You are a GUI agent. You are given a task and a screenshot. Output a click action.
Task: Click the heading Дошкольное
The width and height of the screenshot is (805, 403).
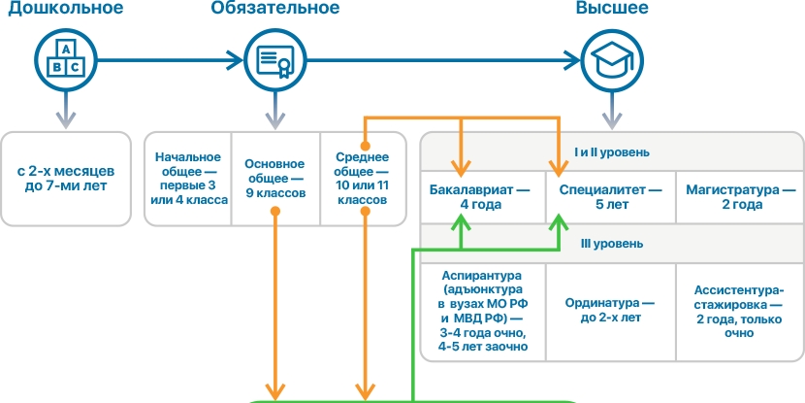[x=67, y=10]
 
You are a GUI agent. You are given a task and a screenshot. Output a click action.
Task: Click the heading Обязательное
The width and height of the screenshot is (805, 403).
[x=275, y=10]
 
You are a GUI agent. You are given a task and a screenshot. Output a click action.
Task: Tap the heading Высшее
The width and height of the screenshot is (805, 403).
[x=613, y=10]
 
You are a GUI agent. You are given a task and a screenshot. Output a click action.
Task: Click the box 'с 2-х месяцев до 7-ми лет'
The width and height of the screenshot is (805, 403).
[x=66, y=178]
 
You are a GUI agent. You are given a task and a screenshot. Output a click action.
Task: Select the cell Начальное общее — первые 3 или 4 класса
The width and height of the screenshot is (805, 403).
[x=190, y=179]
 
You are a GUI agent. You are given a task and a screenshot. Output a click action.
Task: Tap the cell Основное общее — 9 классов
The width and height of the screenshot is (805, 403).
[x=275, y=179]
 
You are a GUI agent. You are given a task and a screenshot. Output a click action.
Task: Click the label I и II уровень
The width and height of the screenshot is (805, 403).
[x=611, y=151]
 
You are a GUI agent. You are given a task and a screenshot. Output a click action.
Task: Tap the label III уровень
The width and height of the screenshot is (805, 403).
[x=611, y=244]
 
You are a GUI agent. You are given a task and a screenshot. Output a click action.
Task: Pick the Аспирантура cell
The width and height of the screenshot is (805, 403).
[x=482, y=311]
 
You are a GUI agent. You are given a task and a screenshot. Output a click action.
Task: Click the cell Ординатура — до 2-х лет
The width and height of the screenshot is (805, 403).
[x=610, y=311]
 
